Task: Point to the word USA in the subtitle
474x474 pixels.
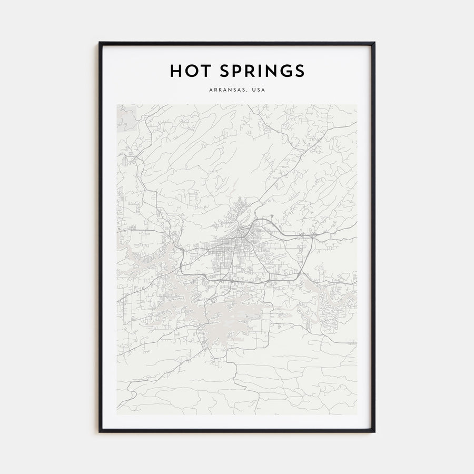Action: click(x=259, y=90)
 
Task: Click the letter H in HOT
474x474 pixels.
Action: click(x=176, y=71)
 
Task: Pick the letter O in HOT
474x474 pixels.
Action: click(x=192, y=71)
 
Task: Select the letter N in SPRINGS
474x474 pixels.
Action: click(x=272, y=71)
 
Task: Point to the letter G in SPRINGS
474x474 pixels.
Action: click(x=286, y=71)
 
